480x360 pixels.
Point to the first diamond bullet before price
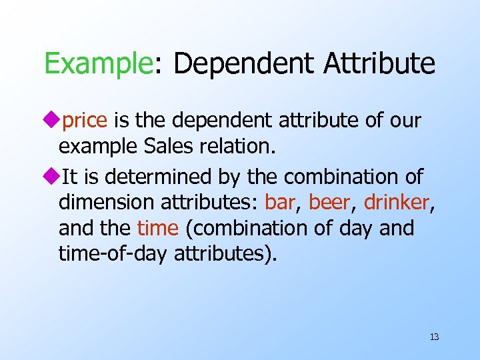[51, 121]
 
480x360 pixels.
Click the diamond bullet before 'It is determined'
[51, 177]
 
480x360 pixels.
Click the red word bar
[280, 203]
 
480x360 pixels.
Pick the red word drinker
[397, 203]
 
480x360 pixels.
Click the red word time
[157, 229]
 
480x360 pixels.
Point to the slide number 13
[434, 337]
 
